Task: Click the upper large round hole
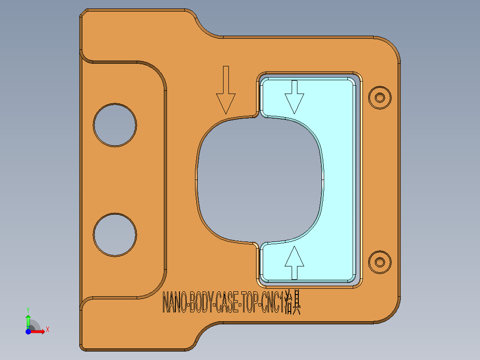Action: pyautogui.click(x=115, y=125)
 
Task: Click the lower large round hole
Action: pyautogui.click(x=115, y=234)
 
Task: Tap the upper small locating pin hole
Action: pyautogui.click(x=380, y=97)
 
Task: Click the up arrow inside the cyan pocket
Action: pyautogui.click(x=294, y=263)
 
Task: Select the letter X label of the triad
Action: pyautogui.click(x=48, y=330)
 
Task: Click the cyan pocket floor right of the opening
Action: pyautogui.click(x=338, y=178)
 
